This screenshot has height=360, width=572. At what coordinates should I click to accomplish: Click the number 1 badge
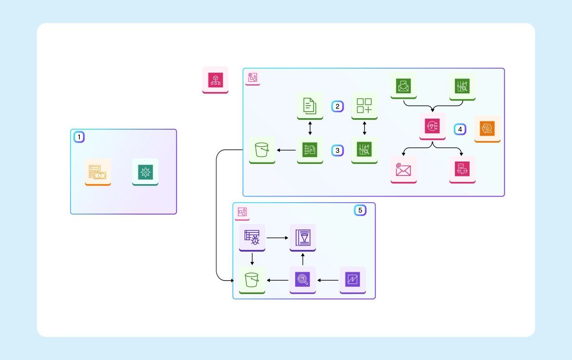tap(79, 137)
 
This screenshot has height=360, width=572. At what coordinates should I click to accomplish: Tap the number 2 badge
tap(338, 107)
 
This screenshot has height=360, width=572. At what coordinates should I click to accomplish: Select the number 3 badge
tap(338, 150)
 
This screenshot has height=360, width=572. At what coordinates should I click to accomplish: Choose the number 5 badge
tap(360, 210)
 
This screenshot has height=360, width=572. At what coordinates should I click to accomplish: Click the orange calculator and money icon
tap(98, 172)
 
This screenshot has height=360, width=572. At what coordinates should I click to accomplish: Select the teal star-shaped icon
tap(145, 172)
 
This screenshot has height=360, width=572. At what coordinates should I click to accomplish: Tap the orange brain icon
tap(488, 128)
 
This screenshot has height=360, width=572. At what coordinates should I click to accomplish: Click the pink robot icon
tap(462, 169)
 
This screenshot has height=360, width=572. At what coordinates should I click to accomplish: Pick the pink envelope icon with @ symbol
tap(404, 169)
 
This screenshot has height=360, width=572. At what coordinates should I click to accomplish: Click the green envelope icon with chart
tap(404, 85)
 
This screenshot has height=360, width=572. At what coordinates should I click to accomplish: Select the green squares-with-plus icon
tap(364, 106)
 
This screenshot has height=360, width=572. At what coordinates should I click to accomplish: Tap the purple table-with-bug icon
tap(252, 237)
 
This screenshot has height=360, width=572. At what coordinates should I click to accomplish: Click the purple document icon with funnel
tap(303, 237)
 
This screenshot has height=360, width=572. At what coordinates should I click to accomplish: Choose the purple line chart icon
tap(353, 280)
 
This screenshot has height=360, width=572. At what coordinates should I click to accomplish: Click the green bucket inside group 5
tap(252, 280)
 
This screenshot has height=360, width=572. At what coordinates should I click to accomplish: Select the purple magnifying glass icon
tap(303, 280)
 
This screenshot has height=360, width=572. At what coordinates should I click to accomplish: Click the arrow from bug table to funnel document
tap(277, 238)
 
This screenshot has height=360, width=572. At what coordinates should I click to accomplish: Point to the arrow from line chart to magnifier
tap(328, 280)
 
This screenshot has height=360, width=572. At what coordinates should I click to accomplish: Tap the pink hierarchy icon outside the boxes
tap(215, 79)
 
